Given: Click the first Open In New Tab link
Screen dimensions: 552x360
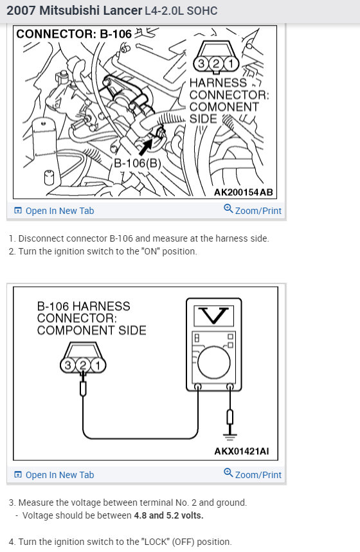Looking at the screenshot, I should click(x=55, y=211).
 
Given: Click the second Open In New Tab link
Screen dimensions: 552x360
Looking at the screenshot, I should click(x=55, y=475).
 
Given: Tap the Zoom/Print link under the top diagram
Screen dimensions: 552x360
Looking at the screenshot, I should click(x=253, y=210).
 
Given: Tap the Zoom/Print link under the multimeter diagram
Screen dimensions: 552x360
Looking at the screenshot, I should click(x=253, y=474).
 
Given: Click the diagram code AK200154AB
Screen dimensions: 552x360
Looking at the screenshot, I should click(x=243, y=192).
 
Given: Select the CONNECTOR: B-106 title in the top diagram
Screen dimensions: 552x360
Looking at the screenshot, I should click(x=74, y=34).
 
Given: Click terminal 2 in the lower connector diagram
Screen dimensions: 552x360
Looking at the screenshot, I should click(x=83, y=366).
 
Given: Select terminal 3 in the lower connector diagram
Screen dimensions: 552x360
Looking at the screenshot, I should click(x=69, y=366).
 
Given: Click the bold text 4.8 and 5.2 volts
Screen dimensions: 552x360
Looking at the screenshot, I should click(x=168, y=515).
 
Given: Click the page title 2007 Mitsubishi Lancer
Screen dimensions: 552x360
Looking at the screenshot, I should click(x=74, y=11).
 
